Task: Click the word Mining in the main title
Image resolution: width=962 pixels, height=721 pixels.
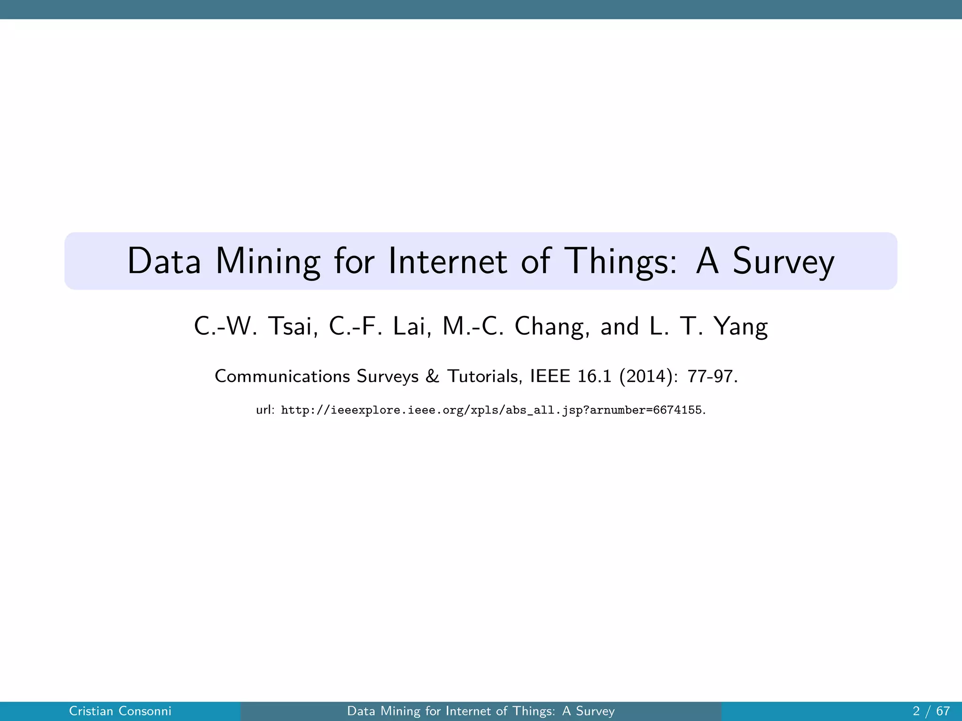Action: pyautogui.click(x=268, y=261)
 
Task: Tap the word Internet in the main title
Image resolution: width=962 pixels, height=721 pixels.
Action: pyautogui.click(x=447, y=261)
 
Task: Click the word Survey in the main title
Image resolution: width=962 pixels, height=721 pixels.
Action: pyautogui.click(x=784, y=261)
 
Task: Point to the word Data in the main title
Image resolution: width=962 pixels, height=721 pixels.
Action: pyautogui.click(x=164, y=261)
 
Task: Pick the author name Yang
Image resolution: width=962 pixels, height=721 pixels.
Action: pyautogui.click(x=741, y=326)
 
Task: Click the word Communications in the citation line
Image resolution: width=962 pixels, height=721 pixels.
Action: pyautogui.click(x=282, y=376)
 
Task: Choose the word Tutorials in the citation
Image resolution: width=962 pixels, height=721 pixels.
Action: pyautogui.click(x=484, y=376)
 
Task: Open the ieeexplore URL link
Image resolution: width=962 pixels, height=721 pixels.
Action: pyautogui.click(x=491, y=410)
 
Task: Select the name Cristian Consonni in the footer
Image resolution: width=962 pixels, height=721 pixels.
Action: pyautogui.click(x=120, y=711)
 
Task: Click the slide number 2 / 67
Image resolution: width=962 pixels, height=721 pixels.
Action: pyautogui.click(x=931, y=711)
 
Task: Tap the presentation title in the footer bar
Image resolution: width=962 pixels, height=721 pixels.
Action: pyautogui.click(x=481, y=711)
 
